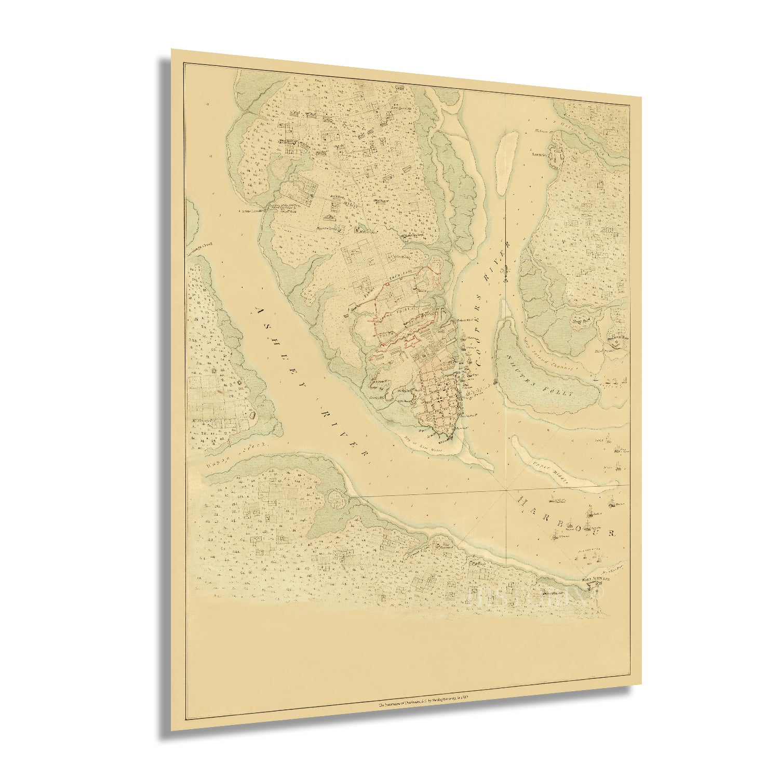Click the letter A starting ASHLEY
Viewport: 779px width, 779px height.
(260, 310)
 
